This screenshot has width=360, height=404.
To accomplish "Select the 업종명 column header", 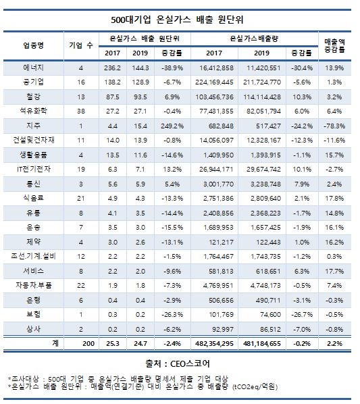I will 32,45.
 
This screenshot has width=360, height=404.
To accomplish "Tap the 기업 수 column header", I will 81,45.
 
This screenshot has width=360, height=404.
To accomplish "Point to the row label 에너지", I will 32,68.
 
